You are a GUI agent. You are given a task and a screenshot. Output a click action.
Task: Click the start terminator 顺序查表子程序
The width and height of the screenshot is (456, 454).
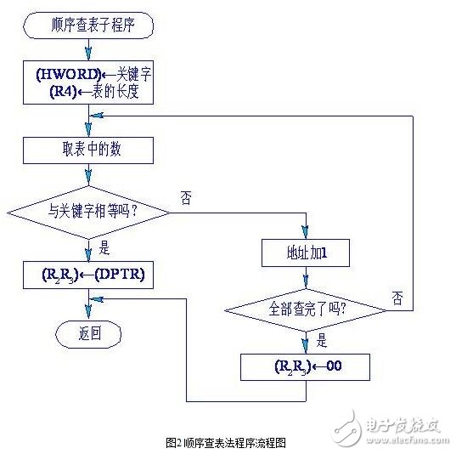(x=89, y=26)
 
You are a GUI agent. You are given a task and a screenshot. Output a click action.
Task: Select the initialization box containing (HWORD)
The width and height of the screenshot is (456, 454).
(x=89, y=84)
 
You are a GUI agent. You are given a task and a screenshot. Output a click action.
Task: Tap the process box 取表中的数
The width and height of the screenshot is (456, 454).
(x=89, y=150)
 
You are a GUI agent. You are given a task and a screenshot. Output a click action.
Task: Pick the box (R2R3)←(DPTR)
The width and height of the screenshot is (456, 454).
(x=89, y=275)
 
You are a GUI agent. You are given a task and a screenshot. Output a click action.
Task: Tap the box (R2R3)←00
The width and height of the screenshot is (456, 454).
(x=307, y=367)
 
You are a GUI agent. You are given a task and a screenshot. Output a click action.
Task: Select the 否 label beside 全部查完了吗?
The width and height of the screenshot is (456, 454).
(x=397, y=297)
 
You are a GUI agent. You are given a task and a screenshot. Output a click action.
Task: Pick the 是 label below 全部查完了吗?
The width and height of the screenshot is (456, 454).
(x=322, y=340)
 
